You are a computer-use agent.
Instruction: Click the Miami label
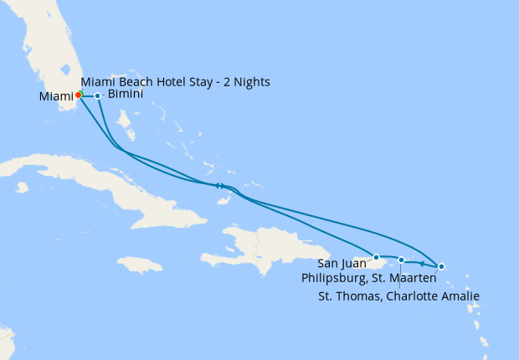pos(55,97)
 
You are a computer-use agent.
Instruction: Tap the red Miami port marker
pos(78,95)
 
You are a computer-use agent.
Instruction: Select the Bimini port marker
pos(98,95)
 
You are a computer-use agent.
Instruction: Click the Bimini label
pos(126,95)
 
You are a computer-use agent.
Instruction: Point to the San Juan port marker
pos(377,257)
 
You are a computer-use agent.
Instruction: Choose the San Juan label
pos(342,264)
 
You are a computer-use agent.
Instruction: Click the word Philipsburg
pos(332,279)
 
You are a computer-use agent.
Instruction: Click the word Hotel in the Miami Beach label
pos(167,82)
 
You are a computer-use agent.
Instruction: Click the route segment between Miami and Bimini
pos(88,95)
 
